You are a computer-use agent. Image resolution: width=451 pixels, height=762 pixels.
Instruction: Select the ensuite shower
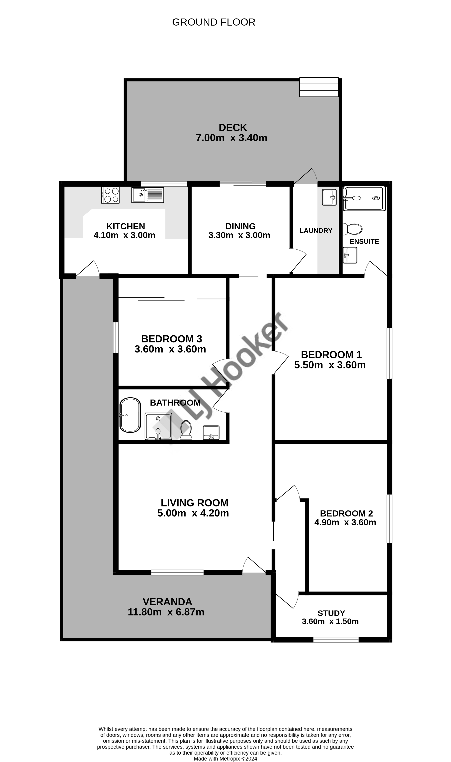click(364, 198)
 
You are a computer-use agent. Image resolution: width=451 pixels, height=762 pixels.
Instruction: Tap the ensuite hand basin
click(350, 255)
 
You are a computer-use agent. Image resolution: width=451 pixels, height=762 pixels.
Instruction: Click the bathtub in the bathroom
click(130, 415)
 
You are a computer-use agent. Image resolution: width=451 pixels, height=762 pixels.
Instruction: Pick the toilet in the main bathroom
click(186, 430)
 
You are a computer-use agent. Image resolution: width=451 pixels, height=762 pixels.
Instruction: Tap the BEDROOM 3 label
click(172, 339)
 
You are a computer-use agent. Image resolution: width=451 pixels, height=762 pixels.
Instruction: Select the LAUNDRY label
click(316, 231)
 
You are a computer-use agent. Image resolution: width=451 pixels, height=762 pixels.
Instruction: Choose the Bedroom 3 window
click(116, 338)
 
